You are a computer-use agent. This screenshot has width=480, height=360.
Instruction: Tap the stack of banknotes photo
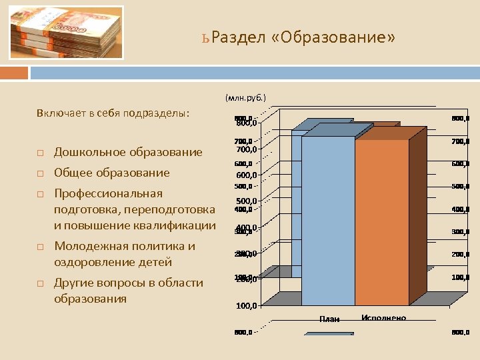(67, 33)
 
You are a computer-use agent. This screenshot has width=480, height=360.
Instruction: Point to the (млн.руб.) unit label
(245, 97)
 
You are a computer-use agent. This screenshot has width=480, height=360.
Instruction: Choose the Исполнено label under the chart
(383, 318)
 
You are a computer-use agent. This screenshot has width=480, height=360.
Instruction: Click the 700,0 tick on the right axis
(460, 141)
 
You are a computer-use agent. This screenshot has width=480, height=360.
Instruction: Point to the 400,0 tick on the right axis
(460, 209)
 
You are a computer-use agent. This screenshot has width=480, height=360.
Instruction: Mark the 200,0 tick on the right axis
(460, 255)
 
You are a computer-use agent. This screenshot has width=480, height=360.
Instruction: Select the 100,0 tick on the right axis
(460, 277)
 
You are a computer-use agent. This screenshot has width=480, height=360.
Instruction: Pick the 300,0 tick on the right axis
(460, 232)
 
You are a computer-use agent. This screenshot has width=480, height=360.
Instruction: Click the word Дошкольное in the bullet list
(88, 152)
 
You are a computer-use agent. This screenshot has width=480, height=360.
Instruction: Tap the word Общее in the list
(75, 173)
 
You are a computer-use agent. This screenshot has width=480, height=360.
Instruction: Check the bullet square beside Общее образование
(40, 174)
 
